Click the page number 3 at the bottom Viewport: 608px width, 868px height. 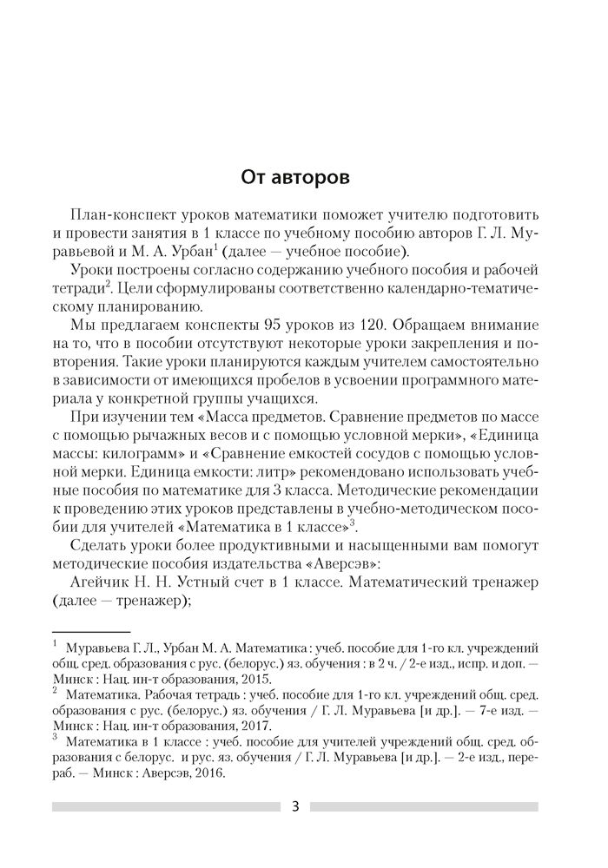click(295, 806)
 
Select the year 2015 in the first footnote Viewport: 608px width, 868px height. click(252, 680)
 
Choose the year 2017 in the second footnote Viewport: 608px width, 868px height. click(252, 727)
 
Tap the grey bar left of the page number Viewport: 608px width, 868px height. click(165, 807)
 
